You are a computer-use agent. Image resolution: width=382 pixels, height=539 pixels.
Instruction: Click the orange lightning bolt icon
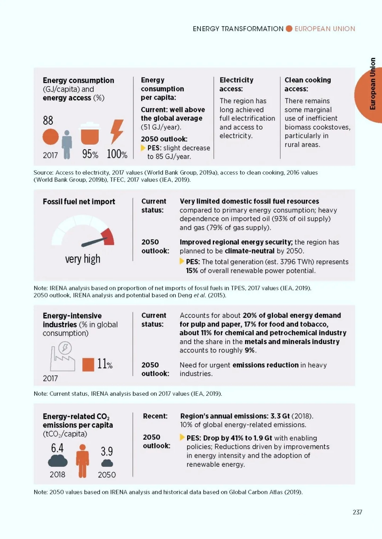[x=117, y=132]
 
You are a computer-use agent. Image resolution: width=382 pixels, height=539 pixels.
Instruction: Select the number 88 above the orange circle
[x=48, y=120]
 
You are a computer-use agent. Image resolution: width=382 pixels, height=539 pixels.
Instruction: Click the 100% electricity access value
[x=117, y=154]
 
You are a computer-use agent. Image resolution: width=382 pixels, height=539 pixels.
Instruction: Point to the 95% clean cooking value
[x=90, y=154]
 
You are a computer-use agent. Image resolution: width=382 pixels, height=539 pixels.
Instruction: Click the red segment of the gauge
[x=108, y=237]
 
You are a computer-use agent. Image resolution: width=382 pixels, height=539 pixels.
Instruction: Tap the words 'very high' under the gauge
[x=82, y=259]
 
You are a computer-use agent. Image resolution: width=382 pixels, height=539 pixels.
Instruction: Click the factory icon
[x=63, y=357]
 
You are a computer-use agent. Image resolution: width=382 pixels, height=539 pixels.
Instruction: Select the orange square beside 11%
[x=88, y=365]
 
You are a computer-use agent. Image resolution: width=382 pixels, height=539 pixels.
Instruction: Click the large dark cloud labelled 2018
[x=58, y=460]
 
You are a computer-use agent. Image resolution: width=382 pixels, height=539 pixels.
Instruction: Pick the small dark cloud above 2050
[x=107, y=463]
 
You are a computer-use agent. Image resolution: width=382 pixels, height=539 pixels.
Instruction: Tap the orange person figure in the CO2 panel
[x=82, y=460]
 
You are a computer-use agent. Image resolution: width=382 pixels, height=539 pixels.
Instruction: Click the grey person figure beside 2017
[x=67, y=145]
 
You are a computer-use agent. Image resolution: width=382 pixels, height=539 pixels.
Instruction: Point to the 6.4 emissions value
[x=57, y=448]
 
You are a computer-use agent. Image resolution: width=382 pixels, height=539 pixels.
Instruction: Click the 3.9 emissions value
[x=106, y=451]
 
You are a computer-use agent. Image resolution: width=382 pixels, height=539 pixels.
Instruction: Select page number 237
[x=357, y=512]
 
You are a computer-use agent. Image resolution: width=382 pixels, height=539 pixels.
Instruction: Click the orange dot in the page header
[x=289, y=29]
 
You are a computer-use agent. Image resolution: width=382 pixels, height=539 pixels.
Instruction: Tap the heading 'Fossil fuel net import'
[x=79, y=202]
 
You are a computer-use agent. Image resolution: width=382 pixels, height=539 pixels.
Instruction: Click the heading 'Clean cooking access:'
[x=308, y=84]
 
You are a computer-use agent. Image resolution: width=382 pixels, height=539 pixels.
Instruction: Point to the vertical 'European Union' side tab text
[x=372, y=83]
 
